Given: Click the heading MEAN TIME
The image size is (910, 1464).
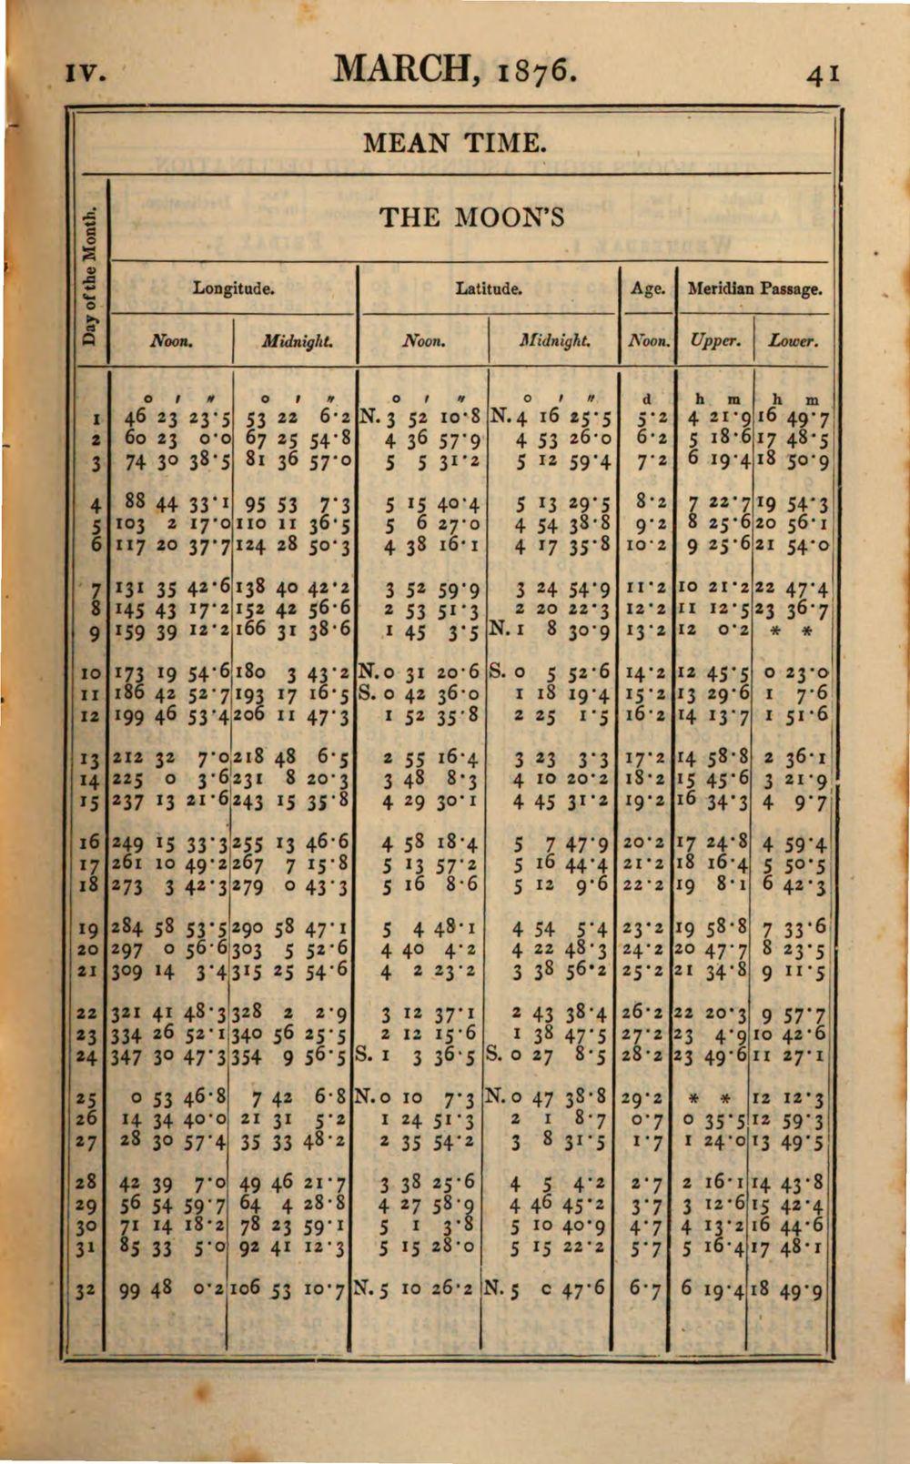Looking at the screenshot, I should (455, 144).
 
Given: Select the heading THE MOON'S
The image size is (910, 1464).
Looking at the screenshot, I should (471, 217).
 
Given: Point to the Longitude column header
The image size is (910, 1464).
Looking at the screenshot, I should (233, 289).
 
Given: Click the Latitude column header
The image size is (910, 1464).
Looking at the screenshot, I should (489, 289).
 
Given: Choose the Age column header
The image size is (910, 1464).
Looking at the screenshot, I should (647, 289).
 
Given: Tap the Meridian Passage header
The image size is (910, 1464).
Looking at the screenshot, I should (754, 289).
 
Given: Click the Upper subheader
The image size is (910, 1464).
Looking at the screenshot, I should (714, 342).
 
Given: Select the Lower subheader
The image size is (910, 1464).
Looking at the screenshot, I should (793, 342).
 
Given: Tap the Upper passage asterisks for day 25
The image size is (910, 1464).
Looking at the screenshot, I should (714, 1098).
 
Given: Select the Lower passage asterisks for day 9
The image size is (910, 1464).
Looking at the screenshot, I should (794, 631).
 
